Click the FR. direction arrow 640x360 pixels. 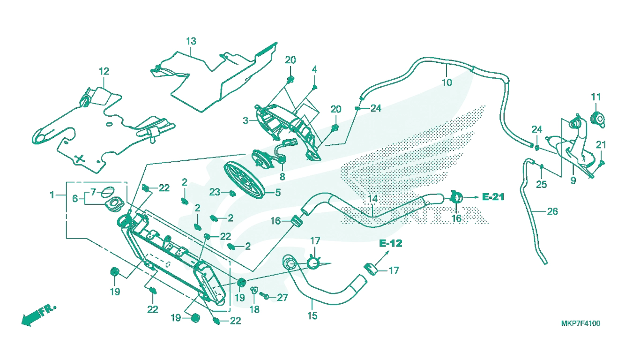click(x=38, y=315)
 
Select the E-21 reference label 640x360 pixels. click(x=493, y=197)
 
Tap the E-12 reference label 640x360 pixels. click(x=391, y=243)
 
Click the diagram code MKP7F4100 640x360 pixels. click(x=580, y=323)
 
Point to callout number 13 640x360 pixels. click(x=191, y=41)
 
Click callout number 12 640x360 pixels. click(x=104, y=71)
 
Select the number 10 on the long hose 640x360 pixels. click(x=447, y=82)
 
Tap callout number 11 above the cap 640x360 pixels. click(x=595, y=97)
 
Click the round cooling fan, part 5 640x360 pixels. click(x=245, y=180)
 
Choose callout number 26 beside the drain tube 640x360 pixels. click(x=552, y=211)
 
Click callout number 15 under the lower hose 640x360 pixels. click(x=313, y=315)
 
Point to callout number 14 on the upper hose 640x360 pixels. click(x=372, y=198)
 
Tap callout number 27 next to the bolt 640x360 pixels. click(x=283, y=298)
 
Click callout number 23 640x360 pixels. click(x=215, y=192)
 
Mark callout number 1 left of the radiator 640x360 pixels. click(x=52, y=195)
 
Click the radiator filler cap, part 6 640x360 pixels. click(x=114, y=204)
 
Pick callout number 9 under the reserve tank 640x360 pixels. click(x=573, y=181)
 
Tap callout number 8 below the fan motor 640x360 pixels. click(x=283, y=177)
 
